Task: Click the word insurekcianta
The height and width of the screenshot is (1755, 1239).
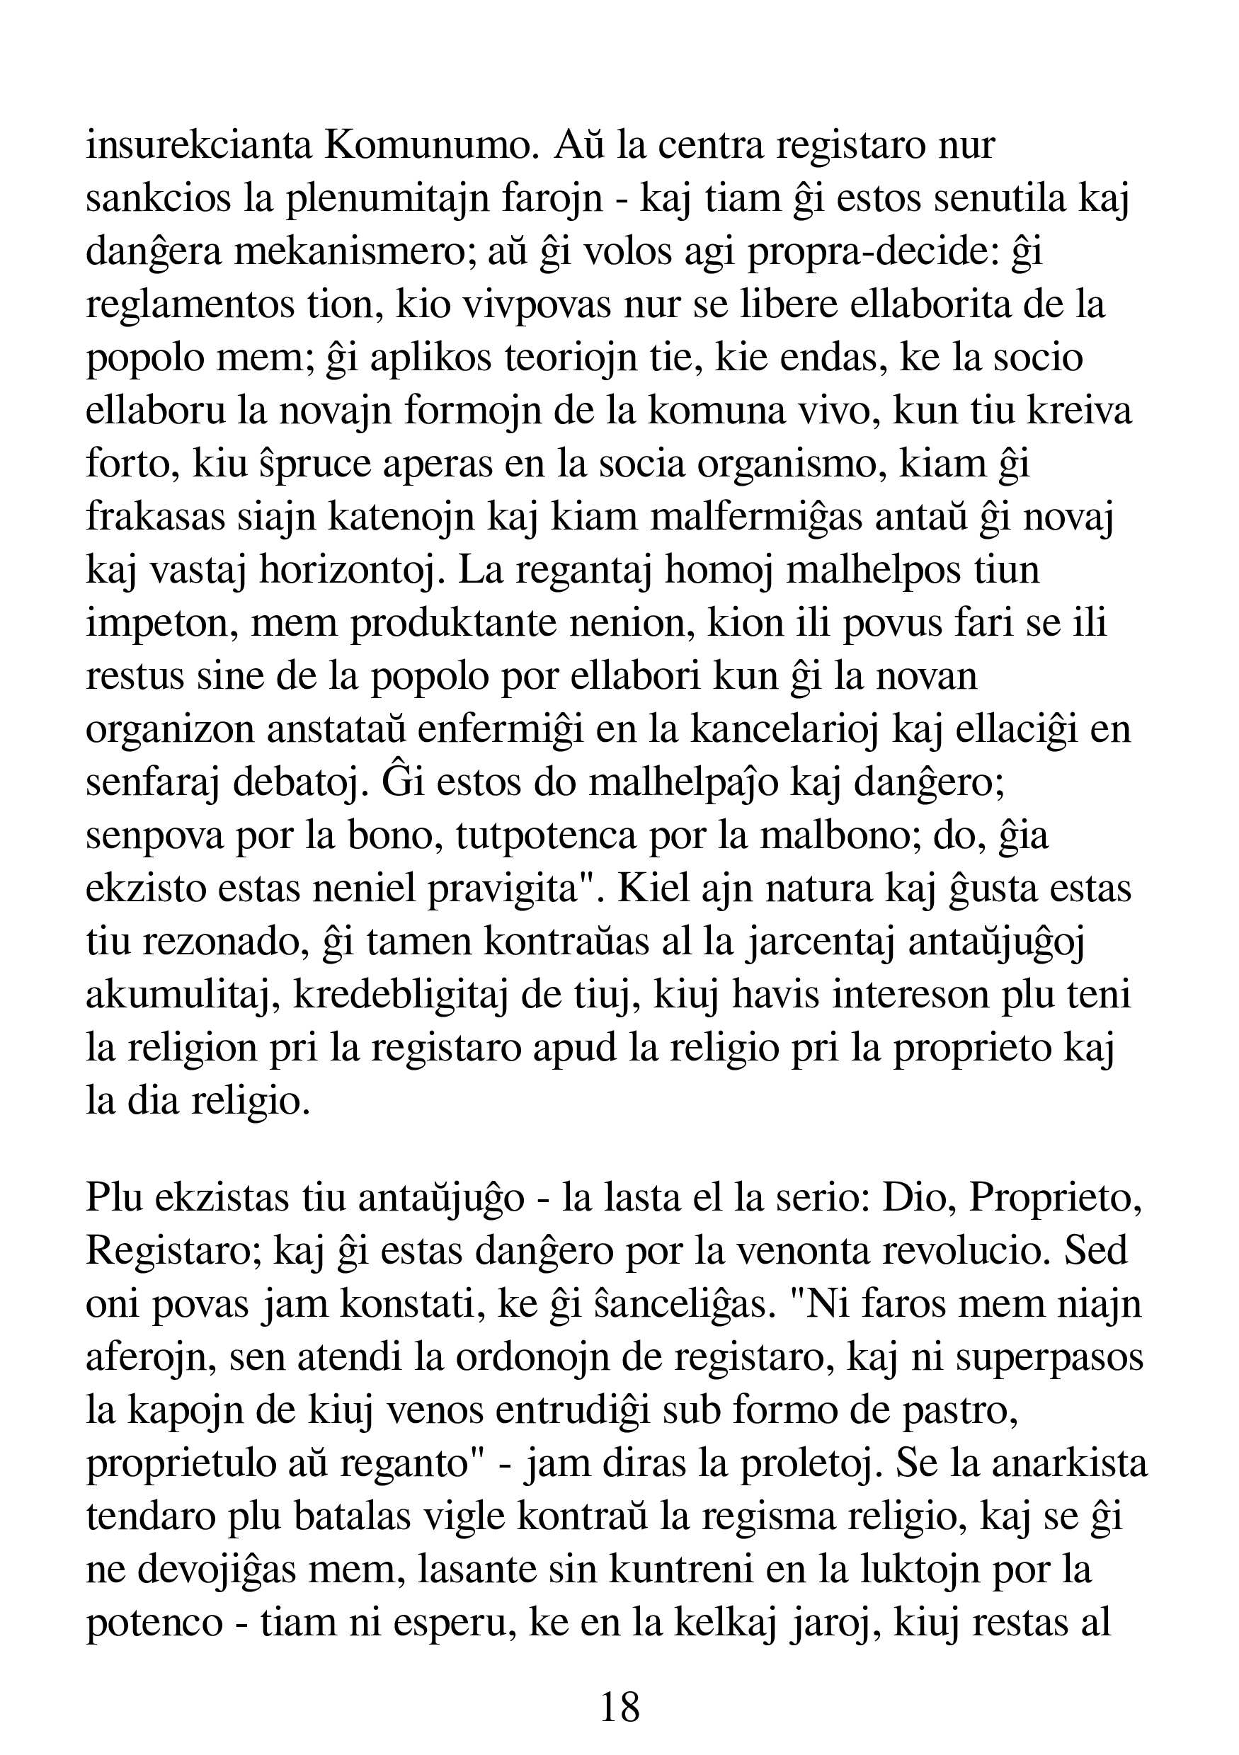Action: (199, 145)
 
